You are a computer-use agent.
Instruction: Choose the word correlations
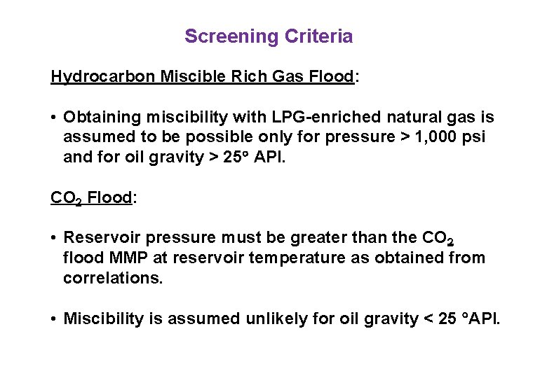pyautogui.click(x=112, y=278)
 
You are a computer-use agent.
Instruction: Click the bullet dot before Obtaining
pyautogui.click(x=53, y=117)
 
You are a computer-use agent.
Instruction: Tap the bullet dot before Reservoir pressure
pyautogui.click(x=53, y=238)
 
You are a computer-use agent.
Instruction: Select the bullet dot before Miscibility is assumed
pyautogui.click(x=53, y=319)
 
